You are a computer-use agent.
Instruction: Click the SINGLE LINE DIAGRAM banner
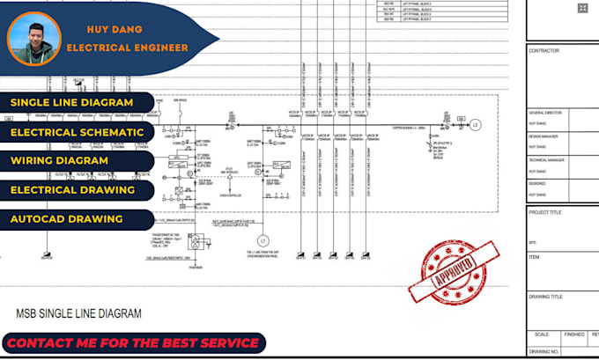(x=72, y=103)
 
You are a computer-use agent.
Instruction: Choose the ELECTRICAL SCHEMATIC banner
(x=77, y=132)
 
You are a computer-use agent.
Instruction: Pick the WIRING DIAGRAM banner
(x=60, y=161)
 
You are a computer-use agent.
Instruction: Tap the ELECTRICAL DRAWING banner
(x=72, y=189)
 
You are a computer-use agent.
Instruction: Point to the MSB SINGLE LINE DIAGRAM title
(x=78, y=313)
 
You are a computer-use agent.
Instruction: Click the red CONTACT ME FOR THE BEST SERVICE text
(x=132, y=342)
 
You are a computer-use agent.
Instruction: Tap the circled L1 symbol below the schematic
(x=262, y=240)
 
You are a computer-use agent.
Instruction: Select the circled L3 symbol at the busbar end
(x=477, y=124)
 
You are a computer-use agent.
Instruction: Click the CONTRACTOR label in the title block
(x=544, y=51)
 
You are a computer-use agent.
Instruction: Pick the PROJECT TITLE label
(x=546, y=212)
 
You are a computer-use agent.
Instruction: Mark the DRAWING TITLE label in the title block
(x=547, y=297)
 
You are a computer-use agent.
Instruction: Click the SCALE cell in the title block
(x=543, y=334)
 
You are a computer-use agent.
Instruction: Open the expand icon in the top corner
(x=582, y=8)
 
